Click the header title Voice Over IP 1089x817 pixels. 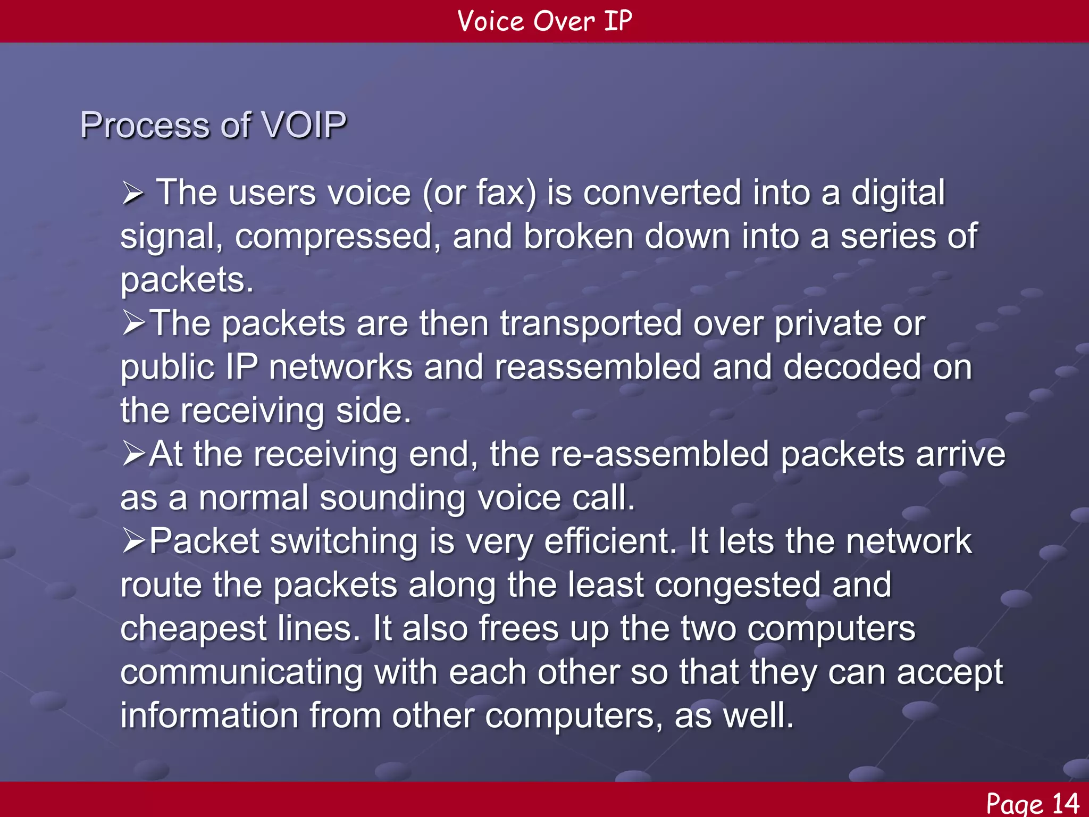click(544, 21)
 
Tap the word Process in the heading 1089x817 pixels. click(145, 126)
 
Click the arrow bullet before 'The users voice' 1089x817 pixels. click(132, 193)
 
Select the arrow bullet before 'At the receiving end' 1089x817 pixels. click(133, 454)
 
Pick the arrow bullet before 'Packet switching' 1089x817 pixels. click(133, 541)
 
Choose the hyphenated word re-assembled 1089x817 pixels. click(659, 454)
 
